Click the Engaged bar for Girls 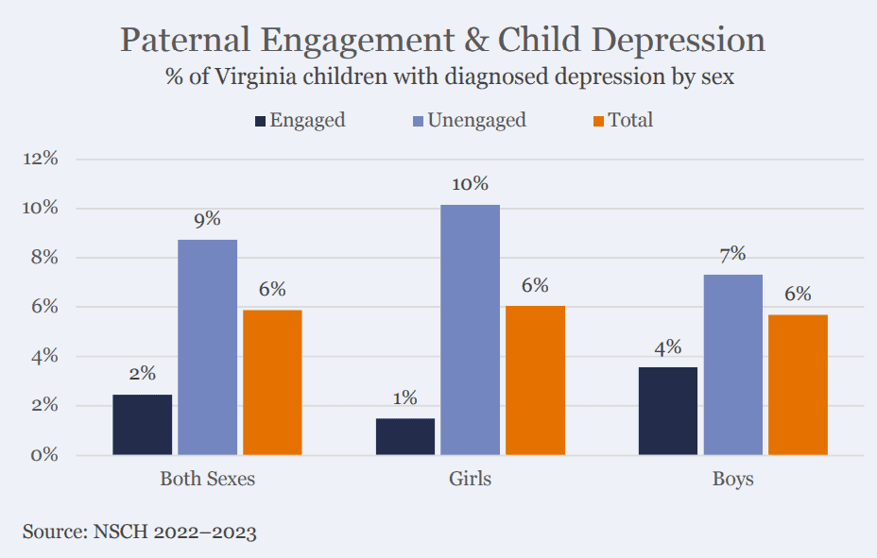point(404,436)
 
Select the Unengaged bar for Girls point(470,330)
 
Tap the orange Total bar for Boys point(799,384)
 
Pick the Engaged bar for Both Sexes point(143,425)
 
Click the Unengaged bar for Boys point(733,364)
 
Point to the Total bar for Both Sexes point(272,382)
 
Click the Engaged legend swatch point(261,121)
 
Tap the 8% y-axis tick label point(44,258)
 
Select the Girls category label point(470,480)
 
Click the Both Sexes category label point(208,480)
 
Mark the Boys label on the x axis point(733,480)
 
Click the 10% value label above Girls point(470,184)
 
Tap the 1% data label point(404,398)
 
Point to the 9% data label point(208,219)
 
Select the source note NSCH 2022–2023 point(139,532)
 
